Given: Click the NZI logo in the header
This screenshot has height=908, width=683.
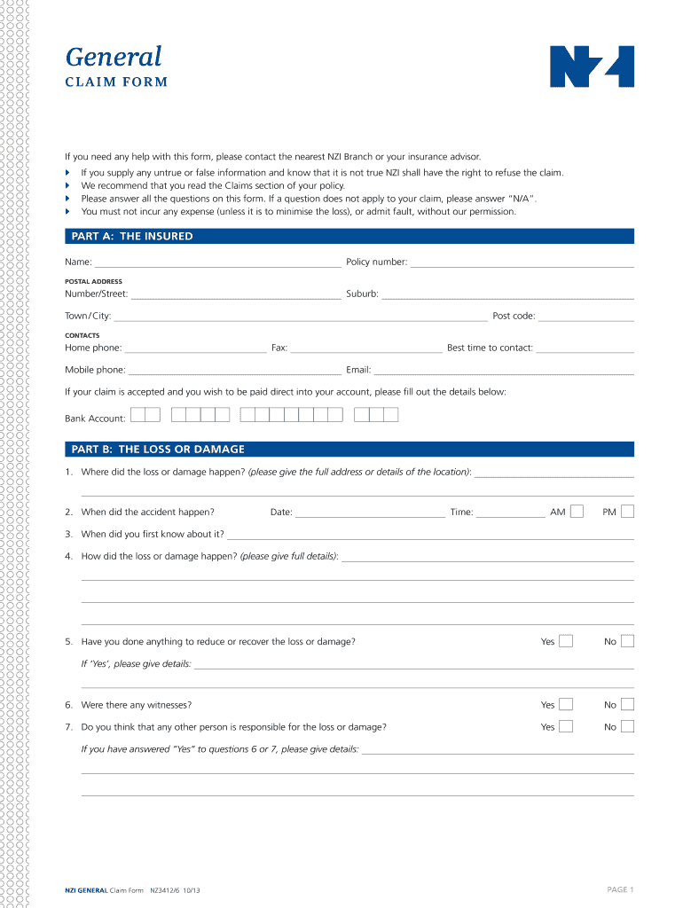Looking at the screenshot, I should [x=593, y=67].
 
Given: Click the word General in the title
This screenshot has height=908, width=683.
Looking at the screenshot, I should [x=114, y=57].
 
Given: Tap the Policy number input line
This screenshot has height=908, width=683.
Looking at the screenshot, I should [x=522, y=263].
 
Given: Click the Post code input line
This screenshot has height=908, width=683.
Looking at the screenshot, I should [x=586, y=317].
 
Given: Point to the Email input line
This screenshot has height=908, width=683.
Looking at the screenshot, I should [x=504, y=371].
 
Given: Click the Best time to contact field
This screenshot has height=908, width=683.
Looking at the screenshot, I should [x=585, y=349].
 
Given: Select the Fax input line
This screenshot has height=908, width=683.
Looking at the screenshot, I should [x=366, y=349].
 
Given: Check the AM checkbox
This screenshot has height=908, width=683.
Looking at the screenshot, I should [x=577, y=511].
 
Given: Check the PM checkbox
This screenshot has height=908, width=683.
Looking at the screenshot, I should [x=628, y=511].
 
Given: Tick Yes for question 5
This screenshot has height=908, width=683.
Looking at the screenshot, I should [x=566, y=640].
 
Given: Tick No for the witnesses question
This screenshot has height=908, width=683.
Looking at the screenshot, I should [x=628, y=705].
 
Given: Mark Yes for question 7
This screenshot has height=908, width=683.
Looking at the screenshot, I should [x=566, y=726].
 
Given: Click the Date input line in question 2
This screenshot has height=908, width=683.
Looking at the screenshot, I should [x=370, y=513].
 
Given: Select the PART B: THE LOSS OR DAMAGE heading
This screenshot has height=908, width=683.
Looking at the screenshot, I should [x=157, y=450].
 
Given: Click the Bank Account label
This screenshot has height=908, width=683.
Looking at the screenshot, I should [x=95, y=419].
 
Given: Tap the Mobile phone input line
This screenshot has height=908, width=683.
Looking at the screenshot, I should [x=234, y=371].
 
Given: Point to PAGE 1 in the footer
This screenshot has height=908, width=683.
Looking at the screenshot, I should [x=620, y=889].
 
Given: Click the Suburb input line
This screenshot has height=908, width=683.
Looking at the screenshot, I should [x=507, y=295].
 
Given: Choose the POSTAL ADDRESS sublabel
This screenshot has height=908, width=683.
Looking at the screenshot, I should [x=93, y=282].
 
